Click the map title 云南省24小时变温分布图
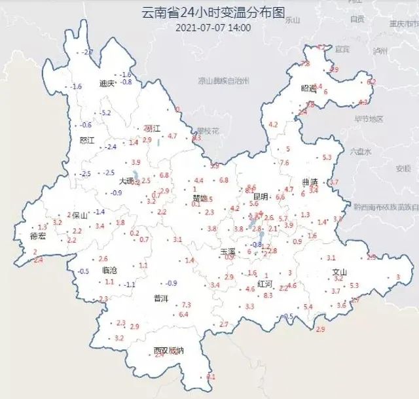(x=213, y=12)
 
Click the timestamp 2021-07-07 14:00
(x=213, y=27)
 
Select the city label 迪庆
(x=107, y=84)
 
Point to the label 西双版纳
(x=168, y=351)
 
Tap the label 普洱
(x=161, y=298)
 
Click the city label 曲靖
(x=310, y=182)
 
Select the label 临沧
(x=109, y=270)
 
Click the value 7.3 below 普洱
(x=186, y=305)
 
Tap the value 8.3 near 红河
(x=268, y=296)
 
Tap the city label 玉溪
(x=228, y=251)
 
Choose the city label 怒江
(x=87, y=141)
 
